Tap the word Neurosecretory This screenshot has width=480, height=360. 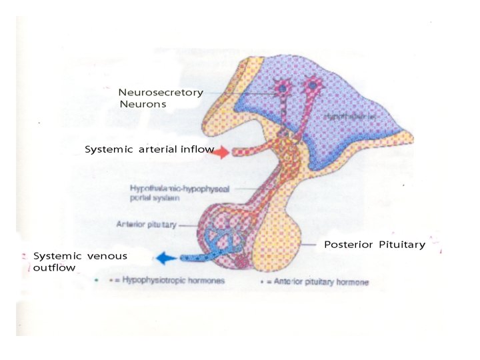(x=161, y=93)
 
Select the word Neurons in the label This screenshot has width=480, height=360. (x=143, y=104)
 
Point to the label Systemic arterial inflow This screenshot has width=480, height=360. (x=149, y=149)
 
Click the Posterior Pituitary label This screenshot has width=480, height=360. (x=374, y=245)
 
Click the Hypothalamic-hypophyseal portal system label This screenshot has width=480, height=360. (x=179, y=194)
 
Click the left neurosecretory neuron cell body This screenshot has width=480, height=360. (x=283, y=87)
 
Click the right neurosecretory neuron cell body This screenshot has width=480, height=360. (x=311, y=85)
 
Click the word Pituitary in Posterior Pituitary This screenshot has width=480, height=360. (x=401, y=245)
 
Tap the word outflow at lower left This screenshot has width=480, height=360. (x=54, y=268)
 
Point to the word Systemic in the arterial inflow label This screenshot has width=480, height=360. (x=109, y=149)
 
